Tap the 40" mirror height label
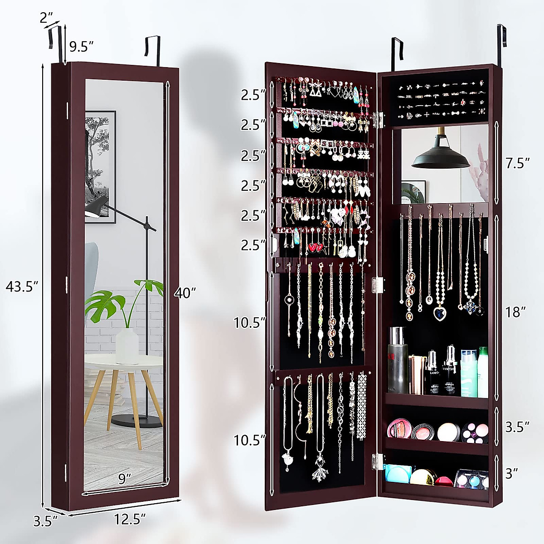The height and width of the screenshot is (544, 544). (x=185, y=293)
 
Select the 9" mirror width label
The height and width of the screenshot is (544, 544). (x=125, y=479)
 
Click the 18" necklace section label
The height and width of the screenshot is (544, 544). (x=516, y=311)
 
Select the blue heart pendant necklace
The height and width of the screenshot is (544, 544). (x=440, y=313)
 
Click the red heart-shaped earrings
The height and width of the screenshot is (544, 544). (x=317, y=248)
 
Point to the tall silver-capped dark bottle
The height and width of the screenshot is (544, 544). (x=397, y=360)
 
